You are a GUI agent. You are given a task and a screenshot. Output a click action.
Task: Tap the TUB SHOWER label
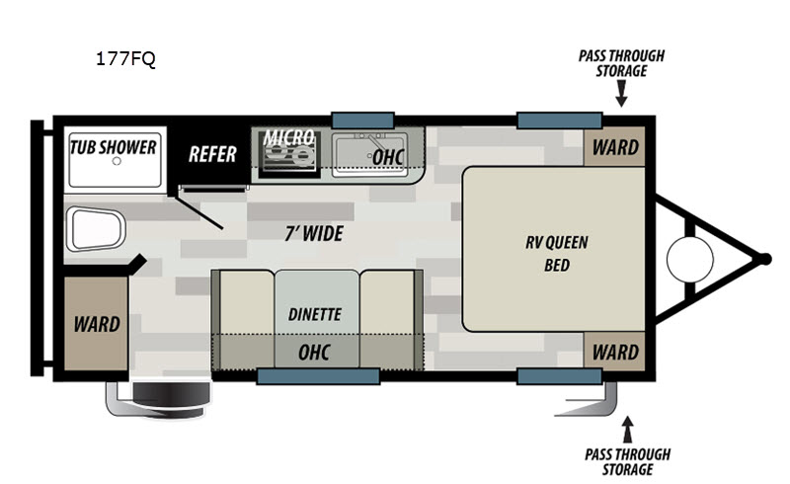[113, 147]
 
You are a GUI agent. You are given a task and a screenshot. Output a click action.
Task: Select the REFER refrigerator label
[212, 153]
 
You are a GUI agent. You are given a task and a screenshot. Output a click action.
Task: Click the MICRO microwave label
[288, 136]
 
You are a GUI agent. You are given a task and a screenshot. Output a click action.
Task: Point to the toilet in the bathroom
[95, 228]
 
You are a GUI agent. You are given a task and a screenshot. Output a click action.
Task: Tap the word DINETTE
[315, 314]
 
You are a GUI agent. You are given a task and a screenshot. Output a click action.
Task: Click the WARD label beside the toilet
[97, 323]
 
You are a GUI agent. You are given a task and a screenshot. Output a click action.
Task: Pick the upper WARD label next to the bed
[615, 148]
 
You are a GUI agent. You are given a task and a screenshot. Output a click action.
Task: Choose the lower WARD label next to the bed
[615, 352]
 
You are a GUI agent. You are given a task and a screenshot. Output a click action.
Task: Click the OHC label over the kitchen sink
[387, 156]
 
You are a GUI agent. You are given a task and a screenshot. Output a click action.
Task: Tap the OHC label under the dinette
[314, 352]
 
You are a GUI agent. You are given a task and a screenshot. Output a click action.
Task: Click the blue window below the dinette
[318, 375]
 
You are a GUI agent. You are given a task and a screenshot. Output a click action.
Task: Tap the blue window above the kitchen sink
[362, 119]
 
